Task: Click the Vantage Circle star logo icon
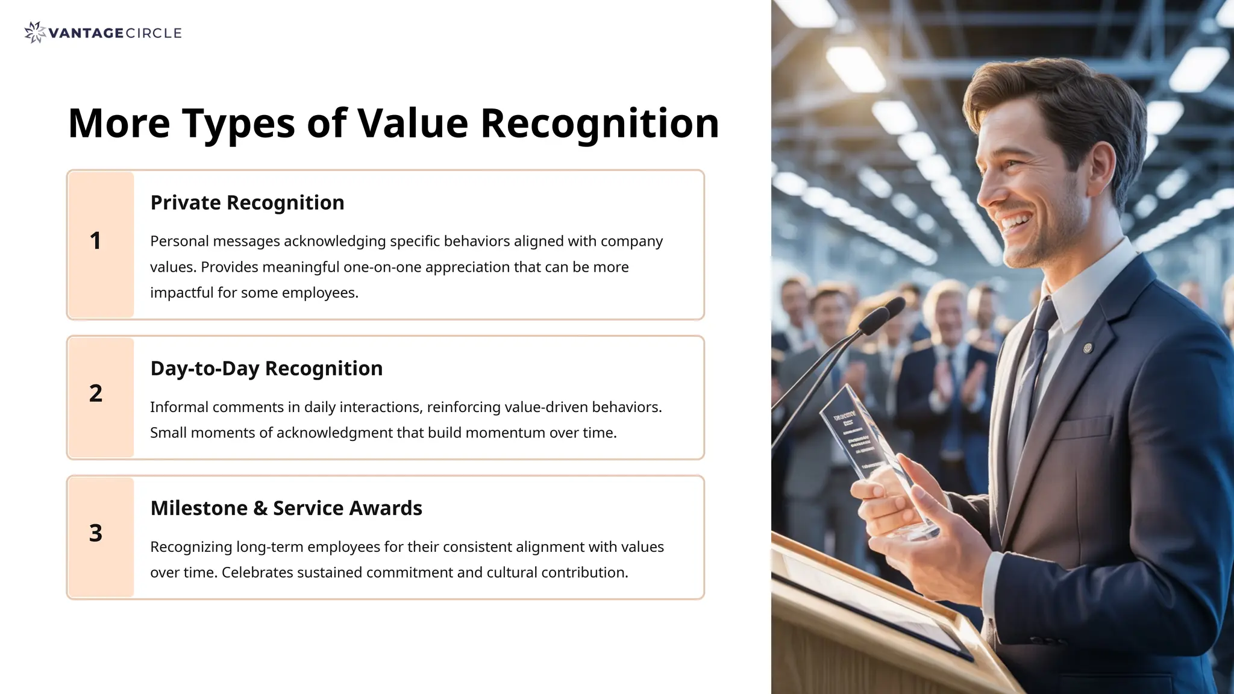point(35,33)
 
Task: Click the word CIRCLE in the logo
point(154,33)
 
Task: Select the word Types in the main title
point(239,123)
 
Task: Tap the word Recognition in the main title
point(599,123)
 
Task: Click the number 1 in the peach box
point(95,241)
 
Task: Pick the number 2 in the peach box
point(96,393)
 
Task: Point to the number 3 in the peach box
point(96,533)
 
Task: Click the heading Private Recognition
point(247,203)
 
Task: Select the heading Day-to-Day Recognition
point(266,369)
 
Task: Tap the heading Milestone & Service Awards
point(286,508)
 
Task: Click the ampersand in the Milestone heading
point(260,508)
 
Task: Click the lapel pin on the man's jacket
point(1088,348)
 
